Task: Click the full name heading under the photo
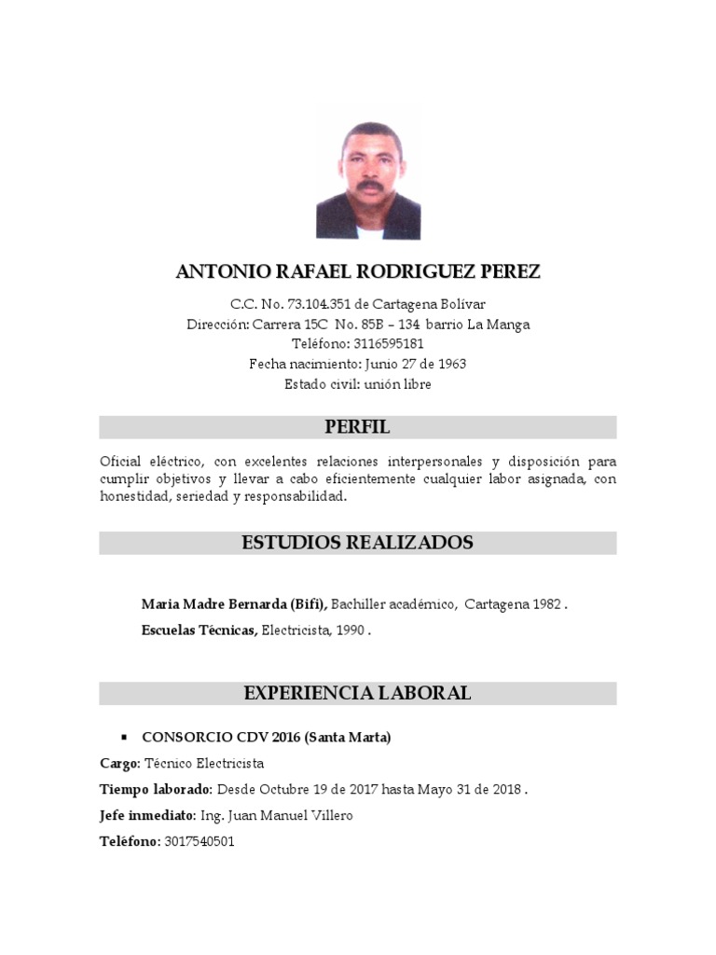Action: (x=358, y=272)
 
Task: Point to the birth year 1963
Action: (x=449, y=364)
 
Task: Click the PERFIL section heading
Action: (x=358, y=428)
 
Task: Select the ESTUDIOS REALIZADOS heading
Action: (x=358, y=543)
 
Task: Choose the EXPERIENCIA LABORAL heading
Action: (x=358, y=693)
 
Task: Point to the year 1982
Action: (x=546, y=604)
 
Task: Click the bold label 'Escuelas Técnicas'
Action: (x=199, y=630)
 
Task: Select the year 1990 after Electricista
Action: (x=351, y=630)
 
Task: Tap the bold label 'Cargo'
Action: (x=119, y=764)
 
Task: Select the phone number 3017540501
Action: (x=199, y=842)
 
